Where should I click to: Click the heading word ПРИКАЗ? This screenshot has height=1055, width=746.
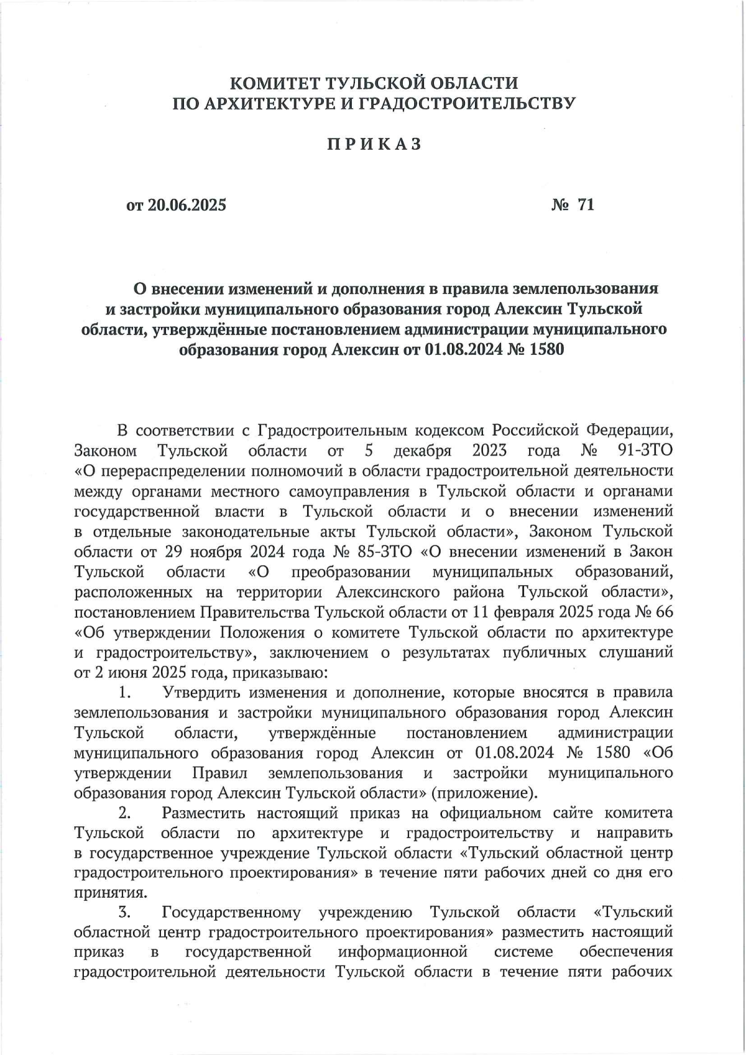(375, 144)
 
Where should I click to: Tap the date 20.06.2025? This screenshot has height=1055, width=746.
(186, 204)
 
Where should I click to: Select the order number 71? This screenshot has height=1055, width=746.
(586, 204)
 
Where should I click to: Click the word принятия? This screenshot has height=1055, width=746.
(109, 892)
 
